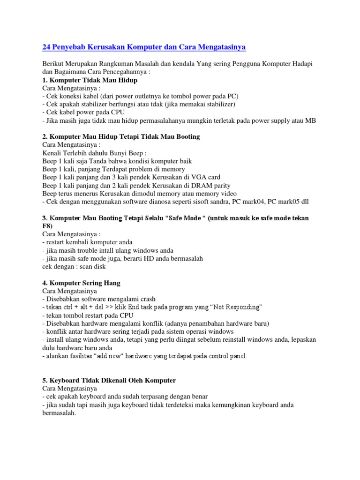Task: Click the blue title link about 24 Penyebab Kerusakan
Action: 144,47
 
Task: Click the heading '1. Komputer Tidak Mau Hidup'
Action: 90,80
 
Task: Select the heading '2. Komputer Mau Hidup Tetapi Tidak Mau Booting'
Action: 121,136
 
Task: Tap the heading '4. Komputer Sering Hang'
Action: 81,283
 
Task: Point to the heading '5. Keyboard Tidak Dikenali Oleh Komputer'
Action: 109,380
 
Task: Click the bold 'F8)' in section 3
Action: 47,226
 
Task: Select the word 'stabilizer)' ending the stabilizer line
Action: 218,104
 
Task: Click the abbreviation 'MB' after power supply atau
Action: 310,120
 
